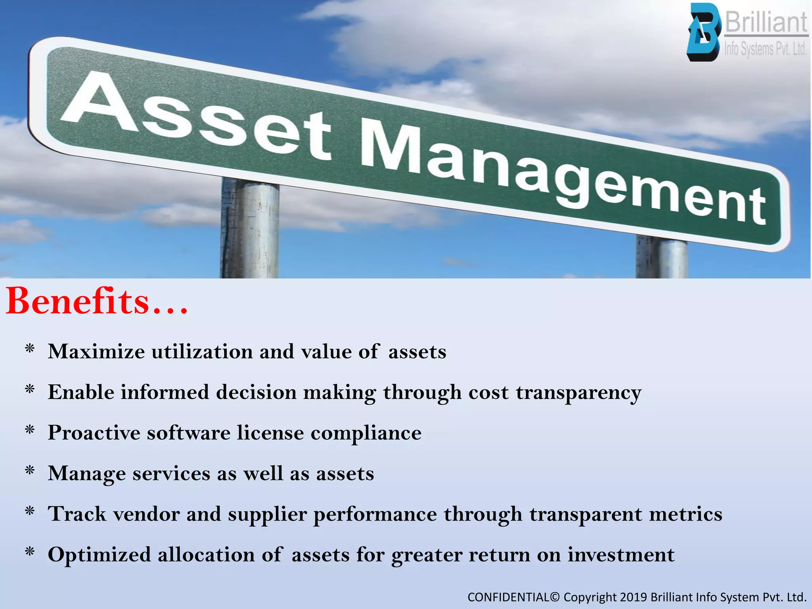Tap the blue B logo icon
pyautogui.click(x=703, y=33)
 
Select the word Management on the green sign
pyautogui.click(x=563, y=178)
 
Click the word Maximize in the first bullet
pyautogui.click(x=96, y=351)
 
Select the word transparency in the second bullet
pyautogui.click(x=578, y=393)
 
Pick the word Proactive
pyautogui.click(x=94, y=433)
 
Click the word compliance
pyautogui.click(x=366, y=433)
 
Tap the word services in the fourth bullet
pyautogui.click(x=171, y=473)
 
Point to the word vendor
pyautogui.click(x=147, y=514)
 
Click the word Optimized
pyautogui.click(x=99, y=555)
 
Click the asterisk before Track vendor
pyautogui.click(x=30, y=511)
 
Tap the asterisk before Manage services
pyautogui.click(x=30, y=471)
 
